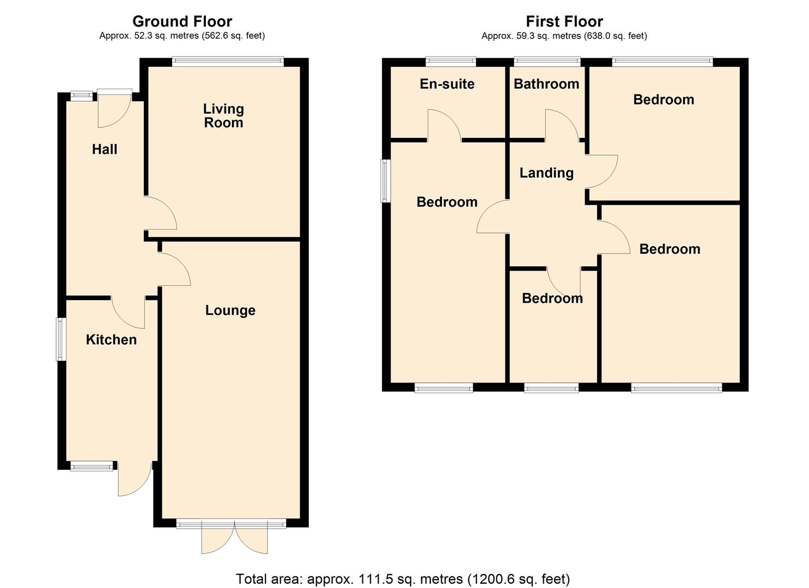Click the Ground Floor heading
click(x=182, y=21)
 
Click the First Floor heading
click(x=564, y=21)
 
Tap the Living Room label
click(x=223, y=115)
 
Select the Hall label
click(x=105, y=149)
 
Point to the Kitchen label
click(x=111, y=339)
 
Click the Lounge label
click(x=230, y=310)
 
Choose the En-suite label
click(x=447, y=84)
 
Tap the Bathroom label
click(x=546, y=84)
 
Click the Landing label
click(x=546, y=173)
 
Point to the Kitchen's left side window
click(x=61, y=339)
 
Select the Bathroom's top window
click(x=547, y=62)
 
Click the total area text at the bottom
click(x=403, y=578)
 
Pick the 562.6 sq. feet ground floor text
click(x=233, y=36)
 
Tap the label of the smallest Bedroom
click(x=552, y=298)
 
